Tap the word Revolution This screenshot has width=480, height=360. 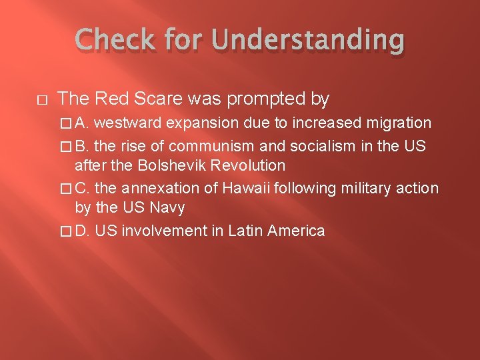click(x=253, y=165)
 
